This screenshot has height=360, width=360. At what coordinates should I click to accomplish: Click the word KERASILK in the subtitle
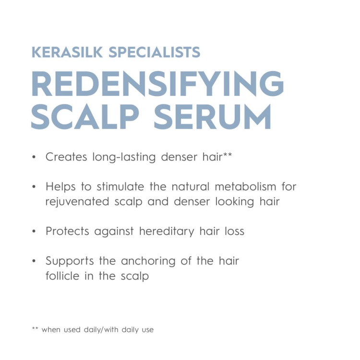pyautogui.click(x=67, y=52)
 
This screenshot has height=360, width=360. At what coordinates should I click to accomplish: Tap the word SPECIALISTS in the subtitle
pyautogui.click(x=154, y=52)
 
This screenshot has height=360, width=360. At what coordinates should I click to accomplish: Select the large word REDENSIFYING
pyautogui.click(x=157, y=84)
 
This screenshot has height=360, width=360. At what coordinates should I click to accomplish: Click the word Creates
pyautogui.click(x=66, y=157)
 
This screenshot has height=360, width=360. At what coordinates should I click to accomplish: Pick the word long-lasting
pyautogui.click(x=125, y=157)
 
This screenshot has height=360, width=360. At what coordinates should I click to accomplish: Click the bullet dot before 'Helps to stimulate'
pyautogui.click(x=34, y=187)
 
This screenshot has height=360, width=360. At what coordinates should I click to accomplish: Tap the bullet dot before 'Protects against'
pyautogui.click(x=34, y=232)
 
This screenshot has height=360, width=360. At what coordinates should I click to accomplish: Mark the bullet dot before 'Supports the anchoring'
pyautogui.click(x=34, y=262)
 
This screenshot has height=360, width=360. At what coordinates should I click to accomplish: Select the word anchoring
pyautogui.click(x=149, y=262)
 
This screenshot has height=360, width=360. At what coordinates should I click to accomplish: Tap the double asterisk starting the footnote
pyautogui.click(x=35, y=329)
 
